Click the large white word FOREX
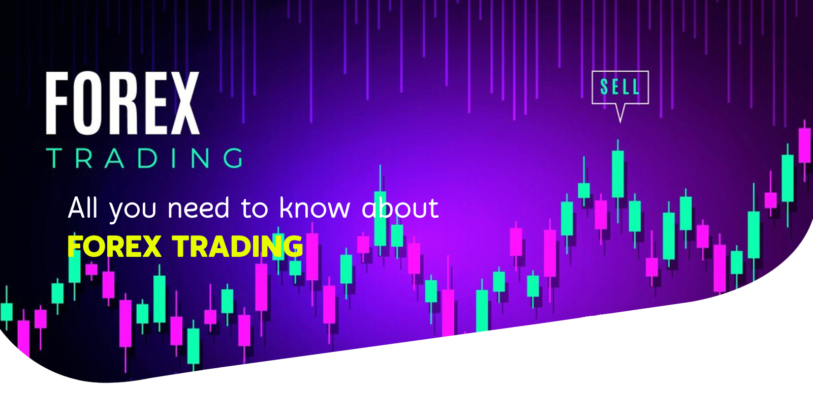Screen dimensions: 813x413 [122, 103]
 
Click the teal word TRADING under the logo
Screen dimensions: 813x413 [144, 158]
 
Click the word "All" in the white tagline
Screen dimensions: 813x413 [83, 208]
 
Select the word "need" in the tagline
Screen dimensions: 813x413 [198, 208]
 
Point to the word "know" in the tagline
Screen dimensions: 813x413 [315, 208]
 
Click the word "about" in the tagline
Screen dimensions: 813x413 [400, 208]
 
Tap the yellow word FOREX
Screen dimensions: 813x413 [114, 246]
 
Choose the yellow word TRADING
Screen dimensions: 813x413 [237, 246]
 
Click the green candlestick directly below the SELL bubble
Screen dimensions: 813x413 [618, 174]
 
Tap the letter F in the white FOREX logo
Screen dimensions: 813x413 [57, 103]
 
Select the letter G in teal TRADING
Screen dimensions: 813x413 [233, 158]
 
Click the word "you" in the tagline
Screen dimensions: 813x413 [133, 211]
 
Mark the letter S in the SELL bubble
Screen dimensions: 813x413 [604, 87]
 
